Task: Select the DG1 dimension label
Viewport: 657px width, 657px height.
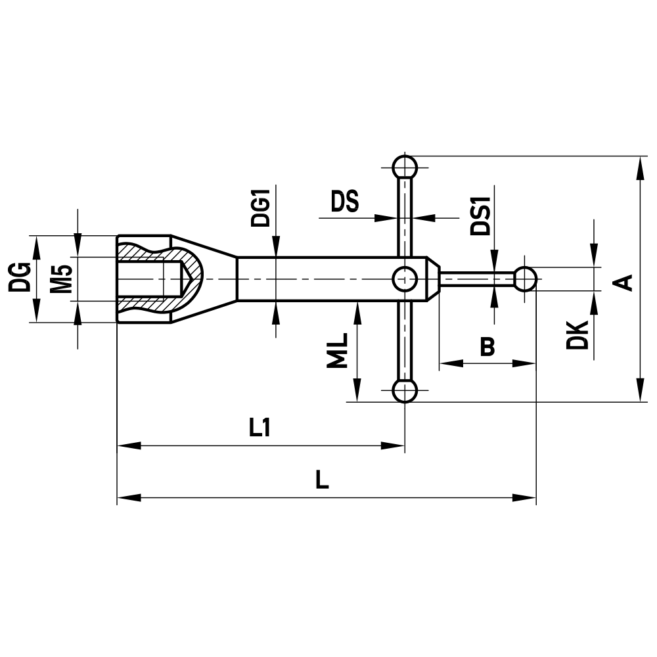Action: [261, 208]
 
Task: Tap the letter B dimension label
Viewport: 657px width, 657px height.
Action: [487, 346]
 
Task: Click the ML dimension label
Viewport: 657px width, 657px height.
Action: [336, 351]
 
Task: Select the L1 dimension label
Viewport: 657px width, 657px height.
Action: [260, 429]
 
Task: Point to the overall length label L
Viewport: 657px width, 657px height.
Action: [321, 480]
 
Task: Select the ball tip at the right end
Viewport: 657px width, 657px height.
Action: [525, 279]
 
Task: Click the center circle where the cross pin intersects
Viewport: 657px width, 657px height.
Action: [405, 279]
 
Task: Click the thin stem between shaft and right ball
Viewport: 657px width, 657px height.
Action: [476, 279]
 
